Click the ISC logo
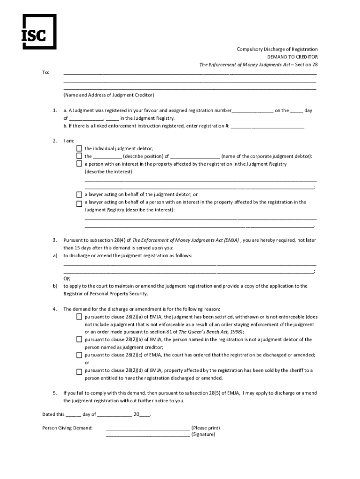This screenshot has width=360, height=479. tap(39, 31)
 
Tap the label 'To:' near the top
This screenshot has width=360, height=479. tap(45, 73)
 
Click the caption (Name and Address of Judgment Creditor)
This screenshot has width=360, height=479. tap(108, 95)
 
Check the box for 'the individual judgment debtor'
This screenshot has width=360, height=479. tap(79, 148)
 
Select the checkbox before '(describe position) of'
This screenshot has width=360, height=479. tap(79, 156)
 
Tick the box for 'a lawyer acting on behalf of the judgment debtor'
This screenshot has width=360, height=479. tap(79, 194)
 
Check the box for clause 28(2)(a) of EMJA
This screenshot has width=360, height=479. tap(79, 317)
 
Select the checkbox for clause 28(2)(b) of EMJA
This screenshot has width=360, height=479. tap(79, 340)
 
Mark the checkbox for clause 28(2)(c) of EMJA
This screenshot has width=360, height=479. tap(79, 355)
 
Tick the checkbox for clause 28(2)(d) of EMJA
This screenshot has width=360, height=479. tap(79, 372)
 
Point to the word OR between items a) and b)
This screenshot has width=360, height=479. tap(67, 278)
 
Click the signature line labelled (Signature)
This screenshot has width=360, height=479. tap(148, 435)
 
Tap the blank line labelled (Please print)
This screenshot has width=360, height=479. tap(148, 428)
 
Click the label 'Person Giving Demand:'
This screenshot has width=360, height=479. tap(67, 428)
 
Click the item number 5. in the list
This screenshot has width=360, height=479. tap(55, 393)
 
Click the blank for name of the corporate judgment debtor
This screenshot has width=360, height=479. tap(195, 157)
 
